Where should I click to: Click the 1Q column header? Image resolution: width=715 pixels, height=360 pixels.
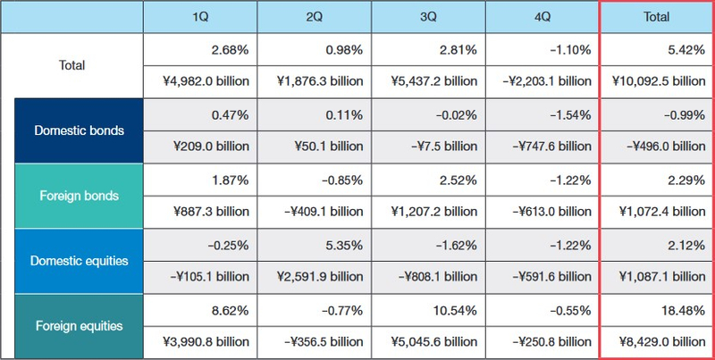coord(199,17)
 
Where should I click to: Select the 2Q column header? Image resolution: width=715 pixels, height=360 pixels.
coord(314,17)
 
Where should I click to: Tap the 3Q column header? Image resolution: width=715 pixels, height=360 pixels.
coord(427,17)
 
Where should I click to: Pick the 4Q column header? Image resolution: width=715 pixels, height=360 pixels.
coord(542,17)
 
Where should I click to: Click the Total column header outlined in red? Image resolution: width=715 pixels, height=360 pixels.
coord(657,17)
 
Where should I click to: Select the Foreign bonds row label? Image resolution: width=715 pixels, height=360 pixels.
coord(79,196)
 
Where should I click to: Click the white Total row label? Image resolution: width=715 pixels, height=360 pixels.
coord(71,65)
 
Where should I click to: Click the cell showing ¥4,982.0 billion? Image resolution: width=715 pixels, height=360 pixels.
coord(199,81)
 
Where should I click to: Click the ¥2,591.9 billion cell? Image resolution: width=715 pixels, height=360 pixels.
coord(314,277)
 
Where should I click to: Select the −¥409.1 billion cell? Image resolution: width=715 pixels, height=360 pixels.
coord(314,212)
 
